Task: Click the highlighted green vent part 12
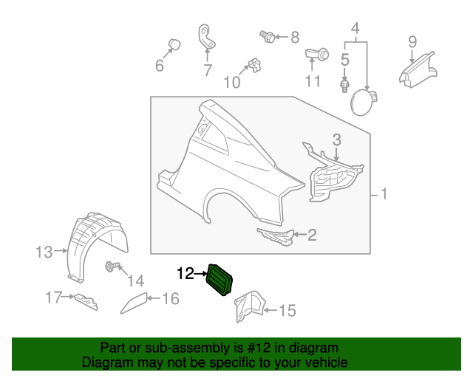point(221,280)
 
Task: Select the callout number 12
point(186,274)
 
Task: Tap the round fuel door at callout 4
point(362,102)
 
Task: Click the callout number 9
point(412,41)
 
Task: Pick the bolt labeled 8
point(268,35)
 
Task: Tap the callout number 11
point(313,80)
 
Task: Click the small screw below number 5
point(344,86)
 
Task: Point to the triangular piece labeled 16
point(133,300)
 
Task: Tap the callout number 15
point(286,311)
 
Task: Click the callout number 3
point(336,139)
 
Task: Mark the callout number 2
point(311,236)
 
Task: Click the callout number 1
point(384,195)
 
